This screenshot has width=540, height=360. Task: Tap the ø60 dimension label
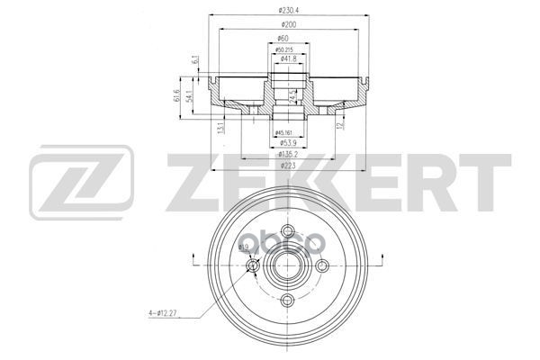(x=284, y=40)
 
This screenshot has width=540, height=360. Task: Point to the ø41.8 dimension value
(x=289, y=58)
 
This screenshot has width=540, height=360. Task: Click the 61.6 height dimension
(x=177, y=97)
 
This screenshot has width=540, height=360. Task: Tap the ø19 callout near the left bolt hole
(x=244, y=247)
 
